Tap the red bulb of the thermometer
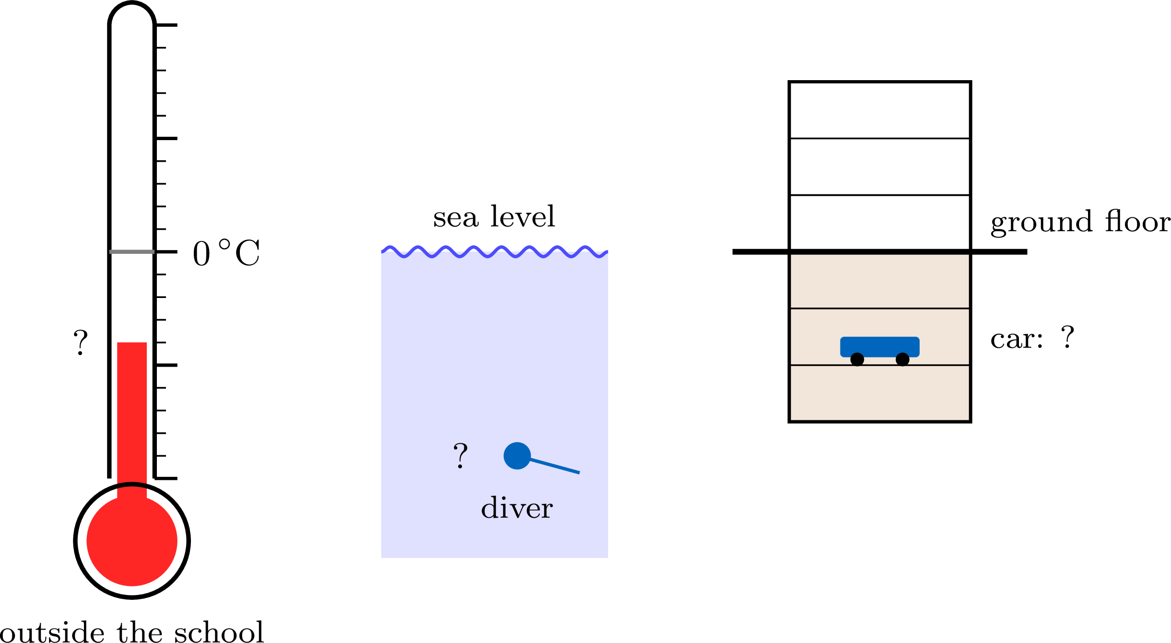(132, 541)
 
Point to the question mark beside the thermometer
(81, 342)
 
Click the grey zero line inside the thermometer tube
(132, 251)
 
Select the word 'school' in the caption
(219, 631)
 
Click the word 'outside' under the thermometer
(52, 631)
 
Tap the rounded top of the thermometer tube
(132, 13)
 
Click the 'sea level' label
(494, 216)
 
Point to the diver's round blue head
(517, 455)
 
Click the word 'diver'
(517, 508)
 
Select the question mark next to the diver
(461, 455)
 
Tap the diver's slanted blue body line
(555, 466)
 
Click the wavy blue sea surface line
(495, 252)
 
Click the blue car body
(880, 346)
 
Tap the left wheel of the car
(857, 359)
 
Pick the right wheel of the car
(902, 359)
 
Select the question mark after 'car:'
(1067, 337)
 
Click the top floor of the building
(880, 110)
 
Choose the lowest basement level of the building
(880, 393)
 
